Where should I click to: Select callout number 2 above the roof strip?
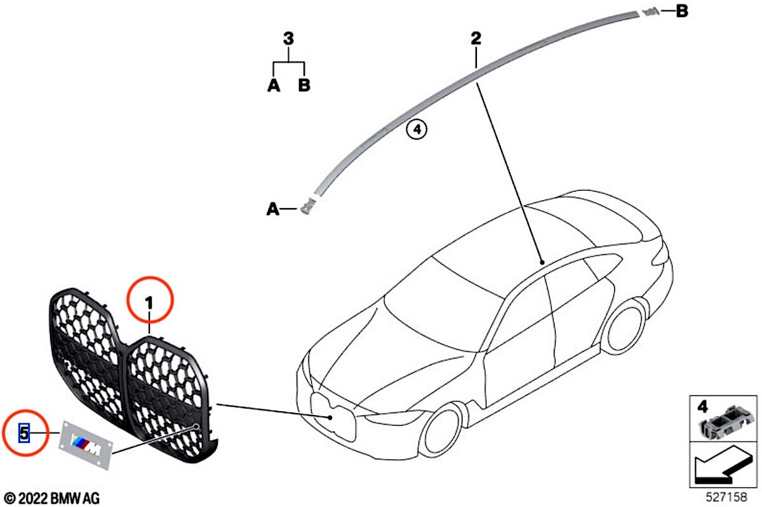(x=476, y=39)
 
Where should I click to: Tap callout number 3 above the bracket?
(x=288, y=39)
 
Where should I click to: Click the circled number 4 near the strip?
(x=417, y=130)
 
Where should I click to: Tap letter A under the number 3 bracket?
(x=274, y=85)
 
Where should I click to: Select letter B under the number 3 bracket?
(x=304, y=85)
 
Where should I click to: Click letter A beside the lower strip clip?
(x=273, y=208)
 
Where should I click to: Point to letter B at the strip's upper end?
(x=681, y=11)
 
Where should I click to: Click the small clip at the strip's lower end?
(x=309, y=206)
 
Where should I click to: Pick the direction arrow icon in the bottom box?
(x=723, y=468)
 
